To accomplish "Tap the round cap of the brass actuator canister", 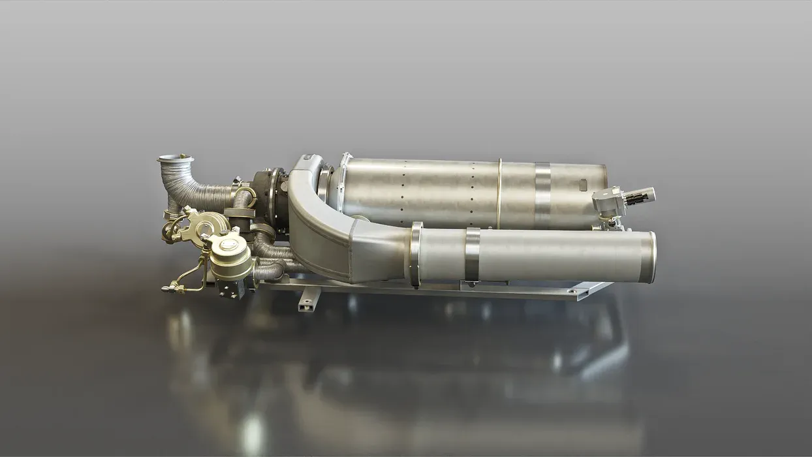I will point(230,246).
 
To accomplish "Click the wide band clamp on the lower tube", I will point(473,255).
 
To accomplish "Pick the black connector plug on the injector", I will point(641,194).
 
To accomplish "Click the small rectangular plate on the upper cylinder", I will point(583,186).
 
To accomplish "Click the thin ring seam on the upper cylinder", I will point(499,193).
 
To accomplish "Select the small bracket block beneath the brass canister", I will point(229,288).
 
